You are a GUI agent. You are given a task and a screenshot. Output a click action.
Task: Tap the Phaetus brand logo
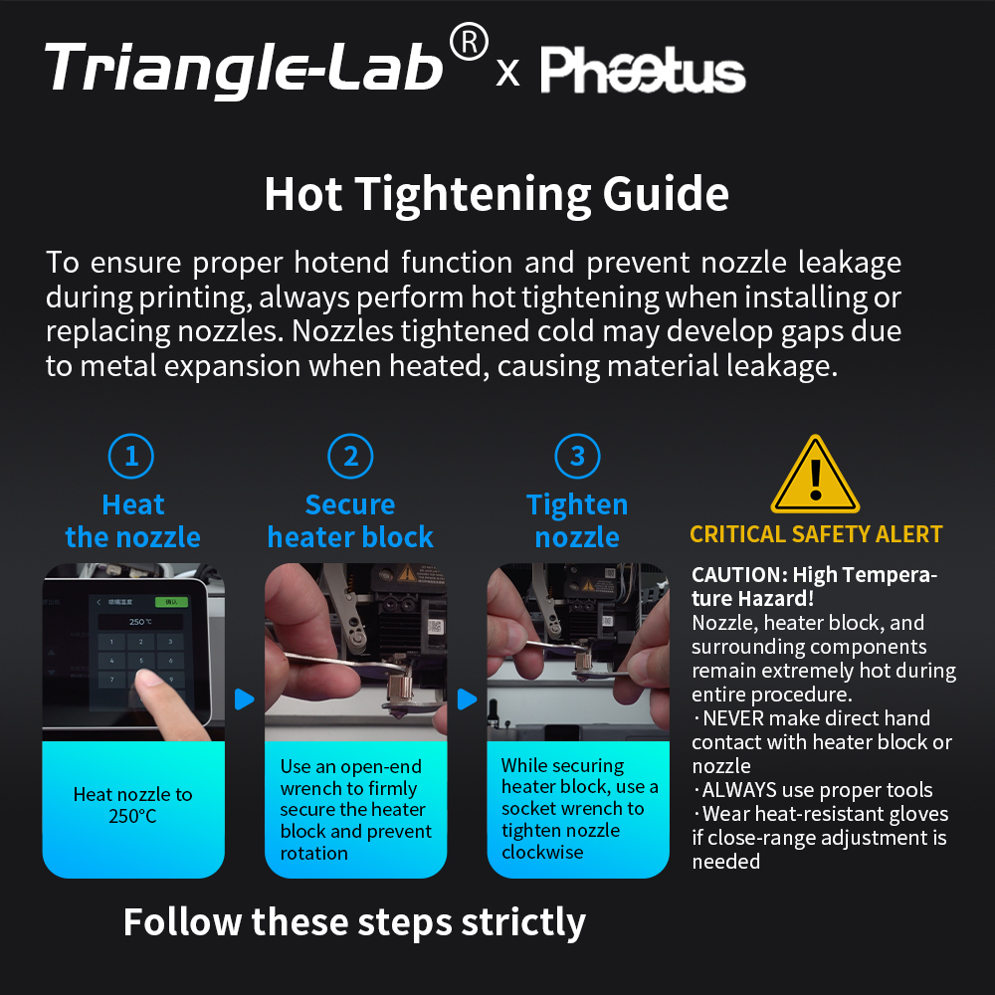click(643, 71)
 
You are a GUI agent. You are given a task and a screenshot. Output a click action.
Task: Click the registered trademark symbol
click(469, 42)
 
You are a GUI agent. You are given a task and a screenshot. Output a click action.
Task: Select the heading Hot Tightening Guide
click(497, 194)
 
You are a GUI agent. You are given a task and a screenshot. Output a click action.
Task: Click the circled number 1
click(132, 457)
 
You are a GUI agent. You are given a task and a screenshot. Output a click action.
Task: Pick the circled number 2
click(350, 457)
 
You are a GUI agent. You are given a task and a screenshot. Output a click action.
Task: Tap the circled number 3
click(577, 457)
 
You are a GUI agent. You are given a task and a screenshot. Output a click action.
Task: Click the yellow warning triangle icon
click(815, 475)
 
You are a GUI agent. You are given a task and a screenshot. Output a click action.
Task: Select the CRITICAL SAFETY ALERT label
click(816, 534)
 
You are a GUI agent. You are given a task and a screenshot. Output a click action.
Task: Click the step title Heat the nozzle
click(132, 521)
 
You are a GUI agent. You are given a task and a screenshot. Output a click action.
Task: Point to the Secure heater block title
click(350, 521)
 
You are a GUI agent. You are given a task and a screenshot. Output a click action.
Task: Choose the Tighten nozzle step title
click(577, 521)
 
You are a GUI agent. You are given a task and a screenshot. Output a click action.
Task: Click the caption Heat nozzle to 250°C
click(132, 805)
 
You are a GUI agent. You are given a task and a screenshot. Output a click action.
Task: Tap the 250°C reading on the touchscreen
click(140, 622)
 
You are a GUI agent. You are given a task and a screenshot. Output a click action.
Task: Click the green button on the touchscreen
click(176, 601)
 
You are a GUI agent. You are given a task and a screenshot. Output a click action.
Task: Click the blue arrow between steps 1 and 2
click(245, 699)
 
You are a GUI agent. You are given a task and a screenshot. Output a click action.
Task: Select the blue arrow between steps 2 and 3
click(467, 699)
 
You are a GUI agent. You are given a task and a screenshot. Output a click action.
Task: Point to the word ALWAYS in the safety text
click(740, 790)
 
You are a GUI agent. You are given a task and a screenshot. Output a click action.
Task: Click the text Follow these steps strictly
click(354, 922)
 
